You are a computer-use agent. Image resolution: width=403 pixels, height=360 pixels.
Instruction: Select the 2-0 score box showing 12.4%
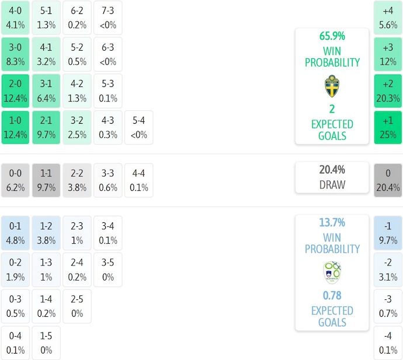tap(16, 91)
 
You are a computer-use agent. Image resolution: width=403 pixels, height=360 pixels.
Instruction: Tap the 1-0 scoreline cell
tap(16, 128)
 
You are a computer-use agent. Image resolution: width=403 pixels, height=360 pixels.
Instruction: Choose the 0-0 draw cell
tap(16, 180)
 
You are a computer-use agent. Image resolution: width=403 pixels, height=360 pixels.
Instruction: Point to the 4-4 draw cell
tap(139, 180)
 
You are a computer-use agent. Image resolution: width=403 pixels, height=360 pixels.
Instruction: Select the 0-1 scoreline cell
tap(16, 233)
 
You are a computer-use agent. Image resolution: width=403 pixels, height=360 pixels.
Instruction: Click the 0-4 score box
tap(16, 343)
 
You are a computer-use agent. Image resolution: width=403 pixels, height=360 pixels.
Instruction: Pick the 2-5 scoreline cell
tap(77, 306)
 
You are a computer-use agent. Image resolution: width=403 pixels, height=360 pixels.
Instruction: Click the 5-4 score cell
tap(139, 128)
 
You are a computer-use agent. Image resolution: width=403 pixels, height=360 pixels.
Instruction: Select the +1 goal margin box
tap(388, 128)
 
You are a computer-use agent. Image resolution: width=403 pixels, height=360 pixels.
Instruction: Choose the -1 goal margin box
tap(388, 233)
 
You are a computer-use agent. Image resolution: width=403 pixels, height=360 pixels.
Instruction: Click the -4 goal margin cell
tap(388, 343)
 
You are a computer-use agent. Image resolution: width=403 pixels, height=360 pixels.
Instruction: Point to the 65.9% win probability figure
tap(332, 36)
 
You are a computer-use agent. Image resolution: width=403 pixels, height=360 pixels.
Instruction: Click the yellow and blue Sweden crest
tap(332, 86)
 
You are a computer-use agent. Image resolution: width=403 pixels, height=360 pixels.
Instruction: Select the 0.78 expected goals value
tap(332, 296)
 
